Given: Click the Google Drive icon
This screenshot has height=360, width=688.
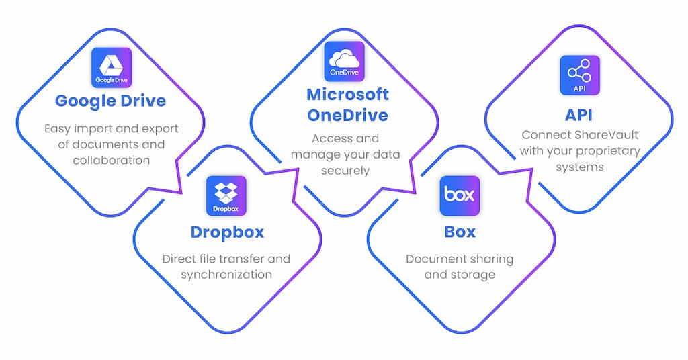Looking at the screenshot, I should tap(111, 67).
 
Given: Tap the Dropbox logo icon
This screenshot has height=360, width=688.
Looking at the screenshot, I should tap(226, 195).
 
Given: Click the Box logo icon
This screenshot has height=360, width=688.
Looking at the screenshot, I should tap(460, 195).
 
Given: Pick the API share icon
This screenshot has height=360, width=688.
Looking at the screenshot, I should tap(579, 75).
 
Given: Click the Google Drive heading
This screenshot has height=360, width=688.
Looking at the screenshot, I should tap(110, 101).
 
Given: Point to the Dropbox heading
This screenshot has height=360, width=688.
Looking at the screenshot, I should tap(226, 232).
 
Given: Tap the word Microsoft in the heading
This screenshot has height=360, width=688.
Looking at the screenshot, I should tap(347, 94).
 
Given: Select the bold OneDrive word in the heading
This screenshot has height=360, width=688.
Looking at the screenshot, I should tap(347, 115).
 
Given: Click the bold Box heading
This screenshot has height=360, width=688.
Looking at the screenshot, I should tap(460, 232).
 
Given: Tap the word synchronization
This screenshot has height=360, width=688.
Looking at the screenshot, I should tap(226, 274).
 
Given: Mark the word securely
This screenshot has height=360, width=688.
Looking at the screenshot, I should tap(345, 171).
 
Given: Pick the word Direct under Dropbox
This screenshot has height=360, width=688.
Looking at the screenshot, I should tap(179, 259).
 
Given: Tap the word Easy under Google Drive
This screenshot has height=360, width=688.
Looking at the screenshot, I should tap(56, 128).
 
